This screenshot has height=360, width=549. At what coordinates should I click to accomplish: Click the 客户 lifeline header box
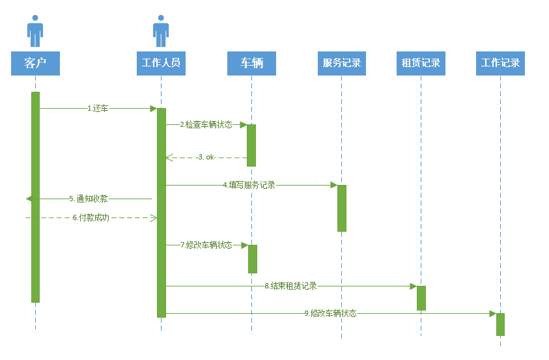tap(35, 63)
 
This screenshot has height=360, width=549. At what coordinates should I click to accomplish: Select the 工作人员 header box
tap(161, 63)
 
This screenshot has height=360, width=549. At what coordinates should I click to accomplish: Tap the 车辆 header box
tap(251, 63)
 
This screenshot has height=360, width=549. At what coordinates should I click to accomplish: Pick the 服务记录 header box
tap(341, 63)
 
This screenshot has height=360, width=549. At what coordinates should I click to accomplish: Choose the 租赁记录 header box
tap(421, 63)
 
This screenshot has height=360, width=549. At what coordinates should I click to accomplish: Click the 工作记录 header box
tap(500, 63)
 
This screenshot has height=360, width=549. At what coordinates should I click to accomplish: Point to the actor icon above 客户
tap(35, 31)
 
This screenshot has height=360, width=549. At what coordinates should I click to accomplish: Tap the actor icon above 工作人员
tap(161, 31)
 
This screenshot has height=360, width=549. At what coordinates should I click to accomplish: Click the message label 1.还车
tap(98, 109)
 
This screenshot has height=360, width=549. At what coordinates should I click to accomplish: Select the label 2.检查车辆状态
tap(206, 124)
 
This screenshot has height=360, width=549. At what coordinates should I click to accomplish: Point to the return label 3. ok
tap(206, 158)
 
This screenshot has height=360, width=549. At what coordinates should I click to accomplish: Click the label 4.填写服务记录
tap(249, 186)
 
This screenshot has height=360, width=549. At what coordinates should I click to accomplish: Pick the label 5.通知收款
tap(89, 199)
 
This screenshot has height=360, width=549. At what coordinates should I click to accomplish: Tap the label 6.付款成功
tap(91, 217)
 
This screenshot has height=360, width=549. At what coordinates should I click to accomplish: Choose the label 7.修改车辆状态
tap(206, 245)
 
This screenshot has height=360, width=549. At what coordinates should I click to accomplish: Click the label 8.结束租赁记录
tap(290, 286)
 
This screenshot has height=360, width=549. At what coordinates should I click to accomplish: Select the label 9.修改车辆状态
tap(330, 313)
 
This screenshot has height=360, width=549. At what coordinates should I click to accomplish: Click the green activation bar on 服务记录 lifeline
tap(342, 208)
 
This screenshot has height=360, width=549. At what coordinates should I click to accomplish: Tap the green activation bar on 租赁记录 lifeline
tap(421, 298)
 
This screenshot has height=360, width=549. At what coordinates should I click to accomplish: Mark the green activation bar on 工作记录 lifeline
tap(500, 324)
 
